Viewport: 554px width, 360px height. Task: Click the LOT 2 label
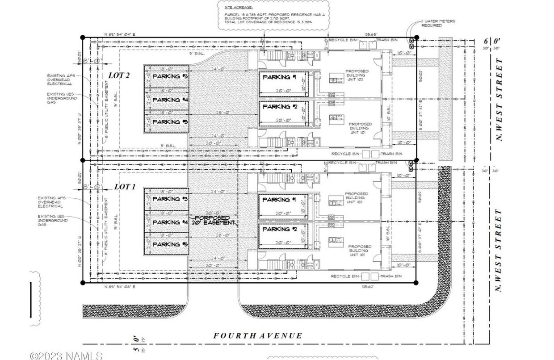coord(119,75)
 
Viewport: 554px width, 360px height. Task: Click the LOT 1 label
coord(125,187)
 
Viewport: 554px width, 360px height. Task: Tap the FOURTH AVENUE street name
coord(257,335)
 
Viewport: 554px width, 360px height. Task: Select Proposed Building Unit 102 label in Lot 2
coord(357,76)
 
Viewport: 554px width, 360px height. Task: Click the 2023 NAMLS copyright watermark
coord(66,356)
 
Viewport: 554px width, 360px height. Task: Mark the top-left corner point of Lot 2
coord(82,38)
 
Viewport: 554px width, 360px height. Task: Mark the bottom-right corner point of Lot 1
coord(416,282)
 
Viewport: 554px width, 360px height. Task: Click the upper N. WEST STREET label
coord(499,99)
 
